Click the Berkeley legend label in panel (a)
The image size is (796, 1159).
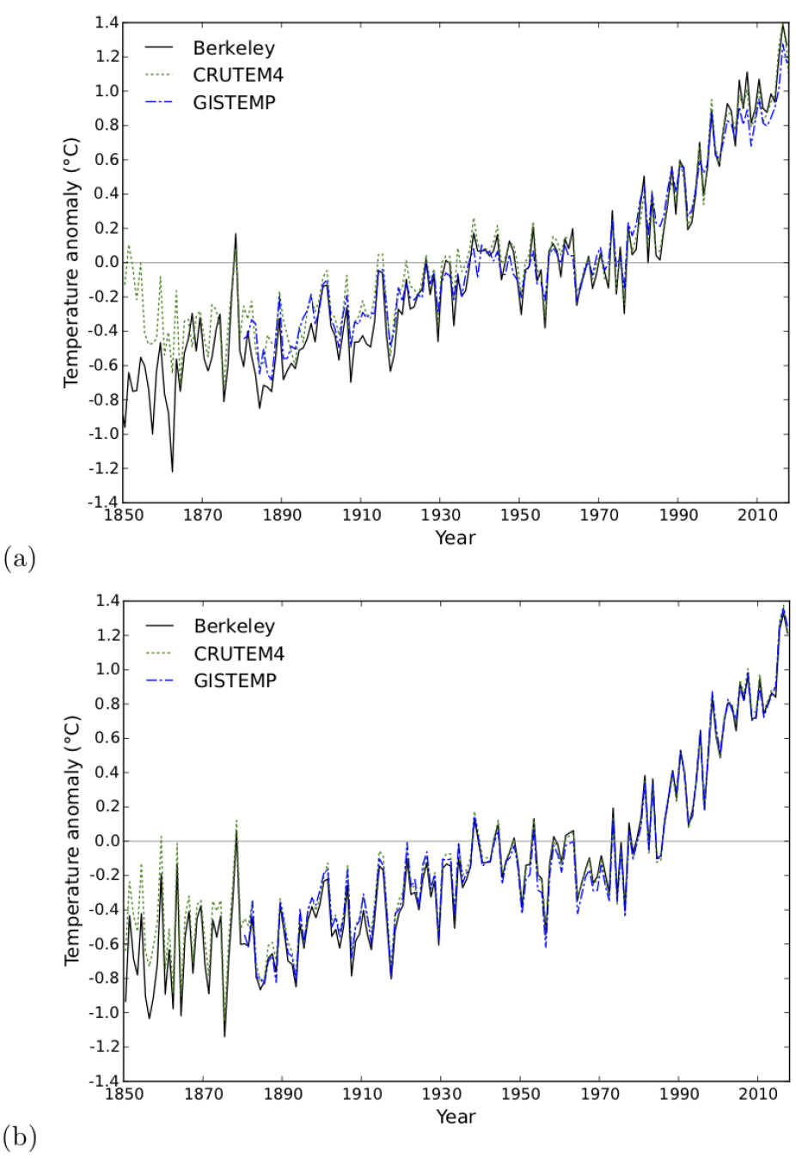pos(234,48)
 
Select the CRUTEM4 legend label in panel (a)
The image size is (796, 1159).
pos(238,76)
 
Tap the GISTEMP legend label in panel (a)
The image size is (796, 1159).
pos(235,103)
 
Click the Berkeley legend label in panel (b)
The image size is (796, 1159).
pos(235,626)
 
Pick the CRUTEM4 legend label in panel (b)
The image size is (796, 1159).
pos(239,654)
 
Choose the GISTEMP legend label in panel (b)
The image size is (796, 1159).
pos(236,680)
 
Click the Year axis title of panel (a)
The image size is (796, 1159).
pos(455,538)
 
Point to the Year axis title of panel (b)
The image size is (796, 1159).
pos(456,1117)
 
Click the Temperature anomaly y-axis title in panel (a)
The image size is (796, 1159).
pos(71,263)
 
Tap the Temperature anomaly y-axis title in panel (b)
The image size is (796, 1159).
pos(72,841)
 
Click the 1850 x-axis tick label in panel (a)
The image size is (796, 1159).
pos(123,515)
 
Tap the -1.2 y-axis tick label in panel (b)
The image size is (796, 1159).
pos(104,1046)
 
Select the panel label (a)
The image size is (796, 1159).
pos(19,559)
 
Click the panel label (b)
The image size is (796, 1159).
pos(20,1138)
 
